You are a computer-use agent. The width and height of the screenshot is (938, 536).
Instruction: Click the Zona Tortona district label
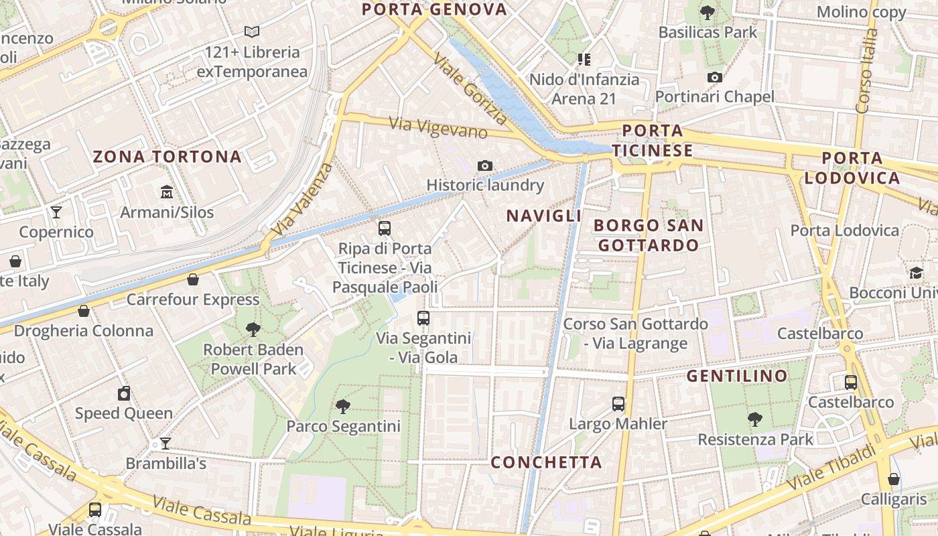(167, 157)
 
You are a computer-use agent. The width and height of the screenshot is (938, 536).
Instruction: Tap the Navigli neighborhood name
(543, 216)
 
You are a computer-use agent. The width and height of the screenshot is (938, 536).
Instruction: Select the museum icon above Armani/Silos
(167, 193)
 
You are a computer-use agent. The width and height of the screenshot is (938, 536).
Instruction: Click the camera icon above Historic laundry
(485, 165)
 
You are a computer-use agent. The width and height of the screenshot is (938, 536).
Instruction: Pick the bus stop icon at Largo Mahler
(618, 404)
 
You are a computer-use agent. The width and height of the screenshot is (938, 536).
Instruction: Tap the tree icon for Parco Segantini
(343, 406)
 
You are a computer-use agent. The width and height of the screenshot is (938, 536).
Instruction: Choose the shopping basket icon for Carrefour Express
(193, 279)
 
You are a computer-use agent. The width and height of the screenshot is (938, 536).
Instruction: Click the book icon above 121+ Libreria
(252, 31)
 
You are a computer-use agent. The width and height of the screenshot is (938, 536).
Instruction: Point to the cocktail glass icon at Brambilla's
(165, 444)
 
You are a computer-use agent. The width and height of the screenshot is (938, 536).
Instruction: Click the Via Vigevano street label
(438, 127)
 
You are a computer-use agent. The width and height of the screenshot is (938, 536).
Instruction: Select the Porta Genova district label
(434, 9)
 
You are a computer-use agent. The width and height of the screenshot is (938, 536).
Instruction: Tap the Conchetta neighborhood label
(546, 462)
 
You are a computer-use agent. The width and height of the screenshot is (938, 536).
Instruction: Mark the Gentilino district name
(737, 376)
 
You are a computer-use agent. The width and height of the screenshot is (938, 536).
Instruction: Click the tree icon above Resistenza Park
(755, 419)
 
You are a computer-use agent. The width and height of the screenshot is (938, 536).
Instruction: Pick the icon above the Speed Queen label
(124, 393)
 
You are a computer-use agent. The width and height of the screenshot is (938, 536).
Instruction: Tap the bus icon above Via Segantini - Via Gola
(423, 318)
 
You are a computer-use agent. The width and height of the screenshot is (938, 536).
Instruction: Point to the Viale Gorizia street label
(470, 90)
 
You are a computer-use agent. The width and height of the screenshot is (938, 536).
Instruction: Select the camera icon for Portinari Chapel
(715, 77)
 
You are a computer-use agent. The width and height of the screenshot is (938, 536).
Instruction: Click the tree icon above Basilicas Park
(707, 12)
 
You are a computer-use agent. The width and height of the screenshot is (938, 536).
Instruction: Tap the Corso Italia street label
(866, 70)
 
